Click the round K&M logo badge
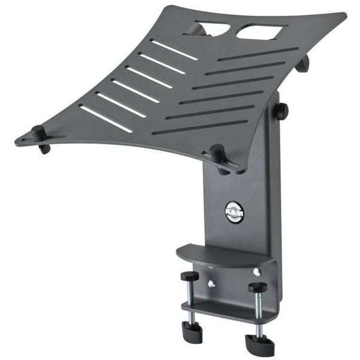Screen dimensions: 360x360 click(234, 211)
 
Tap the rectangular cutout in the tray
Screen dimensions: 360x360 click(262, 32)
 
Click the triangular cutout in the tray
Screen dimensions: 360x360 click(213, 28)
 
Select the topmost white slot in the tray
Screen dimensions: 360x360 click(174, 50)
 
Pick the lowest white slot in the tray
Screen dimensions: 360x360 click(105, 119)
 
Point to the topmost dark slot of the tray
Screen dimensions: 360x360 click(258, 54)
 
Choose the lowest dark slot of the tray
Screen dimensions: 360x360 click(199, 127)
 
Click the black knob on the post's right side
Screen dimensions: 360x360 click(281, 111)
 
